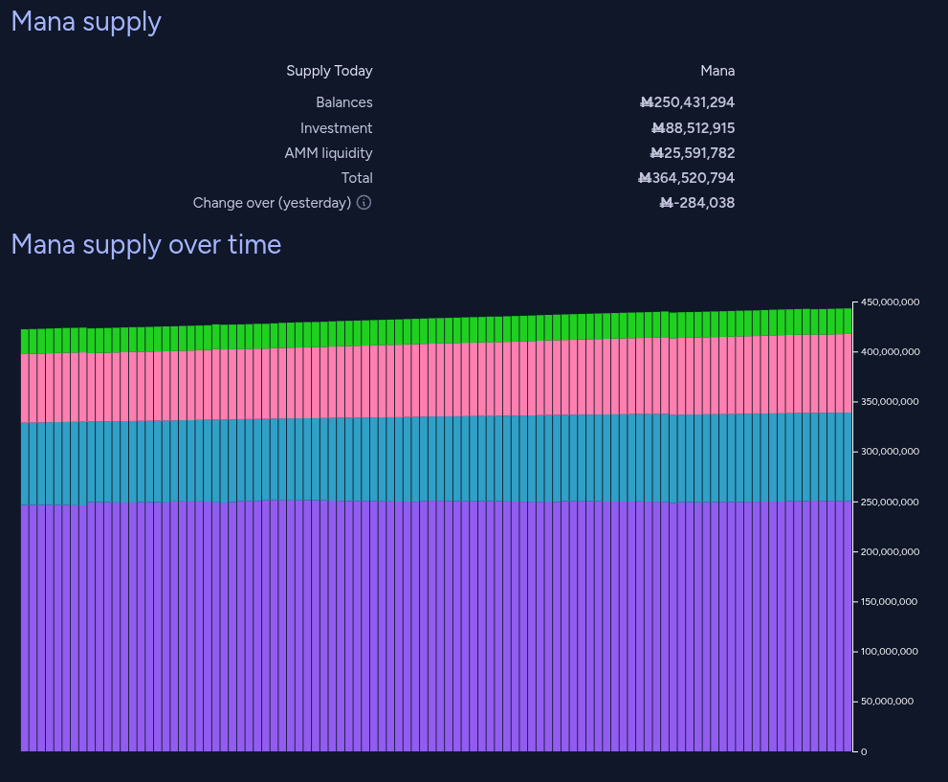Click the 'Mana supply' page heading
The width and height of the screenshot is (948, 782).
(86, 22)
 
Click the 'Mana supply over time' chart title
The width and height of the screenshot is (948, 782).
(145, 245)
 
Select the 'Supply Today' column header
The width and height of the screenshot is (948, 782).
(329, 71)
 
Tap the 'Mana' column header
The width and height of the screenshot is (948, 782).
(717, 71)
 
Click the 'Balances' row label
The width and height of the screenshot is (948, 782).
(344, 102)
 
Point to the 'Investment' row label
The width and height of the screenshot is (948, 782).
(336, 128)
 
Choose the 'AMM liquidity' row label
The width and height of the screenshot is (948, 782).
(328, 153)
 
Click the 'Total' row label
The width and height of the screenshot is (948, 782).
(357, 178)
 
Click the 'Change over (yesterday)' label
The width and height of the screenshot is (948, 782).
(272, 203)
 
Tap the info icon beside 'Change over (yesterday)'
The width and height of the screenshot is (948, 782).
(364, 203)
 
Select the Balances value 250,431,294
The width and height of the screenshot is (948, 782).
(687, 102)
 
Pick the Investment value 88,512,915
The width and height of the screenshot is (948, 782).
(693, 128)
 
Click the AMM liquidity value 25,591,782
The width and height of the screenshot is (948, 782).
(692, 153)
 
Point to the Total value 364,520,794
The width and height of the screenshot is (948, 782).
(687, 178)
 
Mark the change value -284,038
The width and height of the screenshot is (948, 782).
(697, 203)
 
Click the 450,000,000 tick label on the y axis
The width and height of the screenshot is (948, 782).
(890, 302)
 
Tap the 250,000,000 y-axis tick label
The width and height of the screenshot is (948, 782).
(890, 503)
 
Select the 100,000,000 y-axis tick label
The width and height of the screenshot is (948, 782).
(890, 652)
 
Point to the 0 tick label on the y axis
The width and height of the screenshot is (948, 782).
(864, 751)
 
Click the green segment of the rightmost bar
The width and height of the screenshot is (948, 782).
(847, 321)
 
